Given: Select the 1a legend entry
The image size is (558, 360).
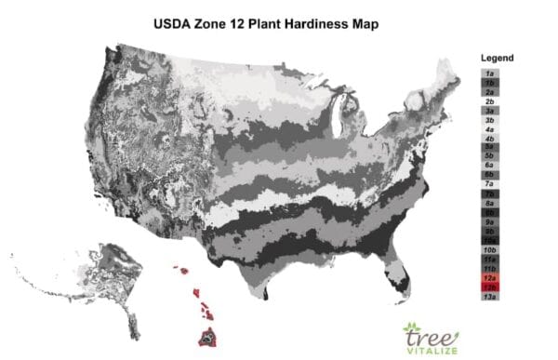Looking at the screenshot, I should coord(488,73).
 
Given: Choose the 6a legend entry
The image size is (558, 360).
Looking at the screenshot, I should coord(488,164).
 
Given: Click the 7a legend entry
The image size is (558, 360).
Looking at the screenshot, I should coord(488,184).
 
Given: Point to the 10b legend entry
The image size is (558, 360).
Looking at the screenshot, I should coord(488,250).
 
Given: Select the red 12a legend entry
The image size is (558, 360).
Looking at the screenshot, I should coord(488,278).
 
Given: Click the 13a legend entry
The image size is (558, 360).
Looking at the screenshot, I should coord(488,297).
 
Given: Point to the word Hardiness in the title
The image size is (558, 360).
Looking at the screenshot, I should coord(333,19).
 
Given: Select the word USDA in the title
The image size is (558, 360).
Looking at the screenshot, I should coord(174,19).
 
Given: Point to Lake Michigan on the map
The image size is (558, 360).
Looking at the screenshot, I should coord(336,116).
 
